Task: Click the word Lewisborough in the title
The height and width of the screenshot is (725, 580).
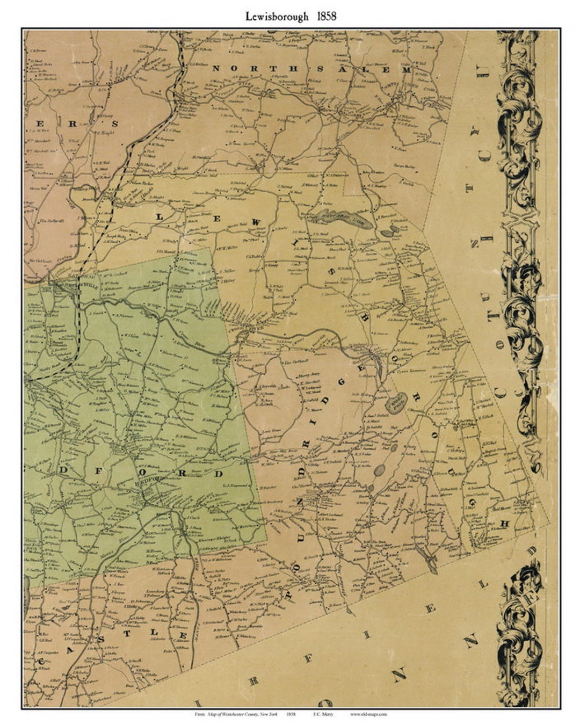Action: click(x=277, y=16)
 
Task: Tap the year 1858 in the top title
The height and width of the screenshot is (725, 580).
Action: click(x=326, y=16)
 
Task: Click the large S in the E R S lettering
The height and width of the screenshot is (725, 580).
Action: click(x=113, y=123)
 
